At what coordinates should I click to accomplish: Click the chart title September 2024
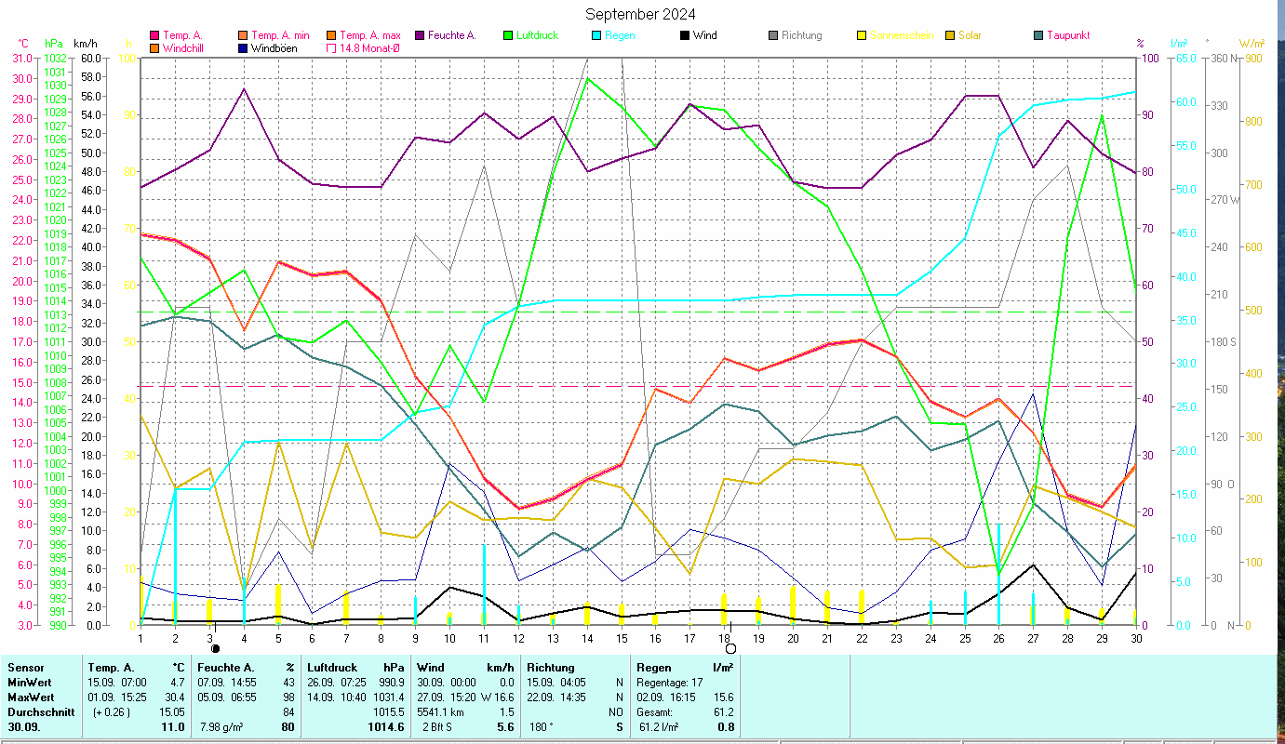639,14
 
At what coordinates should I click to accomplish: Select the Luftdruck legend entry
534,35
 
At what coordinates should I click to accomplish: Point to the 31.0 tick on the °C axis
20,58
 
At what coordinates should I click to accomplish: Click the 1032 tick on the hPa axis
55,58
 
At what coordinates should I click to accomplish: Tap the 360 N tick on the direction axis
1223,58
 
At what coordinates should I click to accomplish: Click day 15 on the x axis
621,637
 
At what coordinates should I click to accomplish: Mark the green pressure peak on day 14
587,78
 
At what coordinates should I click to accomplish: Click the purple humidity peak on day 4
244,89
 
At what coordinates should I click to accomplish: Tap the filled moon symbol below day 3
216,648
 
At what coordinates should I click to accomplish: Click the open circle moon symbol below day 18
730,648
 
